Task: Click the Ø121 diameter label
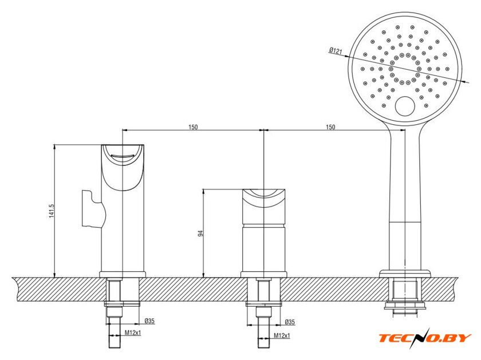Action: coord(336,50)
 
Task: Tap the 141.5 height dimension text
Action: coord(52,211)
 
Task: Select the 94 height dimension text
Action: coord(201,233)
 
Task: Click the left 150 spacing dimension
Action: coord(193,127)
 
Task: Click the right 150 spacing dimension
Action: coord(330,127)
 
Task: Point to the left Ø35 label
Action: coord(149,321)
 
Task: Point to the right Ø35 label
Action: coord(290,322)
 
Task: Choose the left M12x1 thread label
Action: coord(133,333)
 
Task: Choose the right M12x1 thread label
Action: coord(282,336)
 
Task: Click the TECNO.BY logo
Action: coord(425,338)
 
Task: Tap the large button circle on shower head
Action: coord(405,106)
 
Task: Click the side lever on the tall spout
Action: coord(93,209)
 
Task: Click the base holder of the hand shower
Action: coord(405,274)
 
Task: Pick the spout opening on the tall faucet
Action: coord(123,158)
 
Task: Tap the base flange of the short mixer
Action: coord(263,275)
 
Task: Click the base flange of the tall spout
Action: coord(123,275)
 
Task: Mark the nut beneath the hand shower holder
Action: coord(405,305)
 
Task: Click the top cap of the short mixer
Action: coord(264,207)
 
